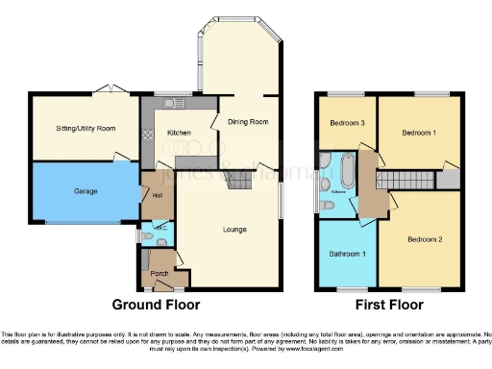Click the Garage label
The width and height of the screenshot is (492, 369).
tap(86, 191)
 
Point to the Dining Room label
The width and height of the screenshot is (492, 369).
tap(247, 122)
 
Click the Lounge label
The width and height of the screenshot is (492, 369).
tap(235, 229)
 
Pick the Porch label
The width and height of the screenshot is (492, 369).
tap(160, 274)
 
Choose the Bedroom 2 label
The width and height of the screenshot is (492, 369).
tap(424, 237)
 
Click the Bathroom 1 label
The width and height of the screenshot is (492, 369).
tap(348, 253)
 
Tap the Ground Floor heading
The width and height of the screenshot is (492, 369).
tap(157, 307)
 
